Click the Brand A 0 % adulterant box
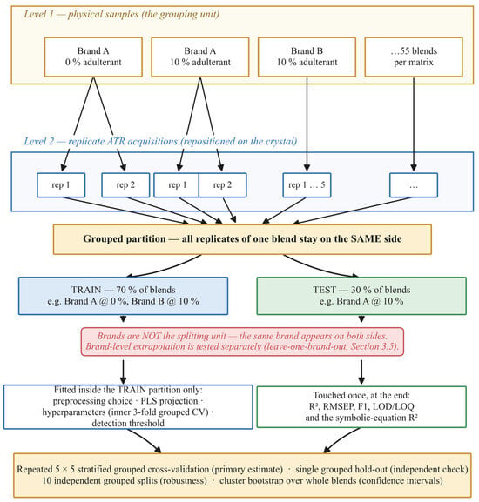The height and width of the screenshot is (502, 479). tap(93, 57)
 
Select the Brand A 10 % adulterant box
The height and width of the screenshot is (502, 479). tap(200, 57)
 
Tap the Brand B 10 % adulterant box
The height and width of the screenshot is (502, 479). tap(307, 57)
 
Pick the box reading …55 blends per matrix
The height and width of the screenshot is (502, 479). tap(414, 57)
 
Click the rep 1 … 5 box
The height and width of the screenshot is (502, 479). tap(307, 185)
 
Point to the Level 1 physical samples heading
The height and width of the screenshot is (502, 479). tap(121, 15)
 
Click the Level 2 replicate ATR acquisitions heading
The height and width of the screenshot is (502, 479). tap(160, 142)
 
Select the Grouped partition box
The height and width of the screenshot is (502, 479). tap(242, 239)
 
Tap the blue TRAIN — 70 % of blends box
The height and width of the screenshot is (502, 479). tap(123, 296)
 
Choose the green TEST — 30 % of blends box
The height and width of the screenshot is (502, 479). tap(361, 296)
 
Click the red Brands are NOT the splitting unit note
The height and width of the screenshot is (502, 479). tap(242, 341)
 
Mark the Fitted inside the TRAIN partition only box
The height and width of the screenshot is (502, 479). tap(128, 406)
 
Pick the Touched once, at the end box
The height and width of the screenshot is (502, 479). tap(361, 406)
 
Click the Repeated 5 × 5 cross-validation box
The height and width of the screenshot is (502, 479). tap(242, 475)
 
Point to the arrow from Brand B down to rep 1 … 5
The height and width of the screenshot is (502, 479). tap(307, 124)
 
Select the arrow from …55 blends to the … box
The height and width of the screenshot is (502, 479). tap(414, 124)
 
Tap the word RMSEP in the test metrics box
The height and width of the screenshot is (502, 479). tap(337, 406)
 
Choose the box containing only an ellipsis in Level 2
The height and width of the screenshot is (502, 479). tap(414, 185)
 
